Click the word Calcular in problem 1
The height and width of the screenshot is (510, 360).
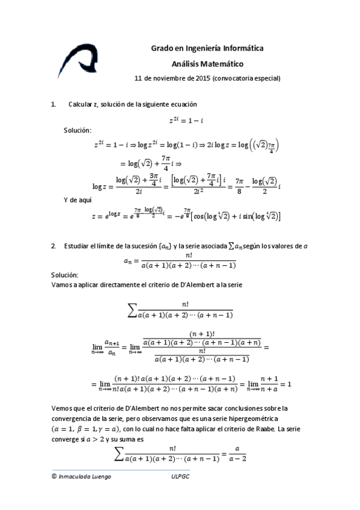81,105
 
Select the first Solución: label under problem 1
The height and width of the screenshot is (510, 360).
78,130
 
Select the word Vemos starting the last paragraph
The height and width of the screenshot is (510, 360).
63,407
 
